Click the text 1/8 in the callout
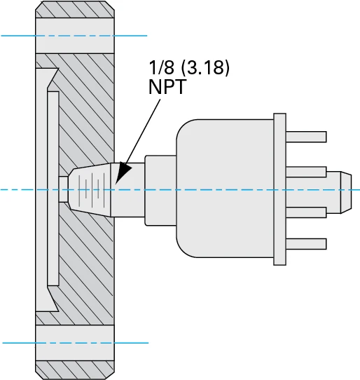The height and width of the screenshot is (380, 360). [161, 69]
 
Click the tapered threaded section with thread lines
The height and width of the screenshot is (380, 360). [91, 189]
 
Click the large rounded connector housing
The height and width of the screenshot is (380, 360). [224, 189]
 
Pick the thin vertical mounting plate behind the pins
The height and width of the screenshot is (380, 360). [280, 189]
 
